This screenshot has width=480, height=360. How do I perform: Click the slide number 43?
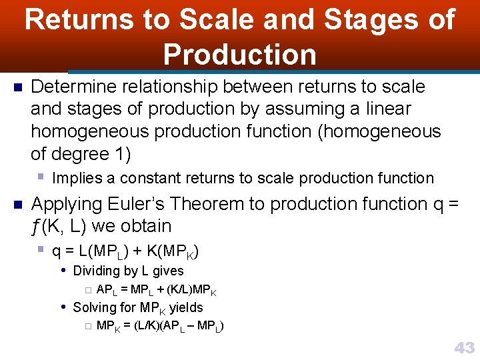[x=464, y=347]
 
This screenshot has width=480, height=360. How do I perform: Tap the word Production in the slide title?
[x=240, y=54]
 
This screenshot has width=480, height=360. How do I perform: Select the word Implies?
[x=76, y=178]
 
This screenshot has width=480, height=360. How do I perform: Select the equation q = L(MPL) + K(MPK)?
[x=125, y=252]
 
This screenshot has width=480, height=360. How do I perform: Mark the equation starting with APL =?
[x=156, y=290]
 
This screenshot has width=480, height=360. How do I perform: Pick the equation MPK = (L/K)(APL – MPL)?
[x=160, y=326]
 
